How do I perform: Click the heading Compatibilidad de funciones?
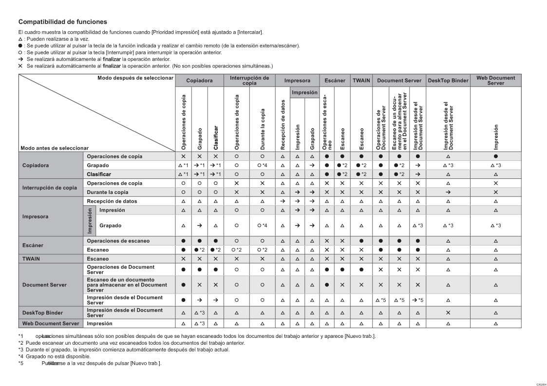click(x=62, y=22)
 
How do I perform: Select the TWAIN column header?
click(x=361, y=80)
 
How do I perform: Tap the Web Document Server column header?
click(x=495, y=80)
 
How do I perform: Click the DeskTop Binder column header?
click(x=448, y=80)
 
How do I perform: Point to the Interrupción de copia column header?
click(x=249, y=80)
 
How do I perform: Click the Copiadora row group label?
click(x=36, y=166)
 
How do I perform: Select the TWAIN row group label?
click(x=31, y=259)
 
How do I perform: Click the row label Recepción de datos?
click(x=112, y=201)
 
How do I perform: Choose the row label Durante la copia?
click(x=108, y=193)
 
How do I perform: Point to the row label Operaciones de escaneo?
click(x=118, y=241)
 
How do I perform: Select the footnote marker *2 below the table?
click(x=21, y=343)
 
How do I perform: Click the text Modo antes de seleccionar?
click(x=55, y=148)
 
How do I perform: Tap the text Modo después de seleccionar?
click(x=135, y=78)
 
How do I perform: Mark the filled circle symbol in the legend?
click(x=20, y=46)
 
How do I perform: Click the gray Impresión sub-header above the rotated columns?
click(x=304, y=92)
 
